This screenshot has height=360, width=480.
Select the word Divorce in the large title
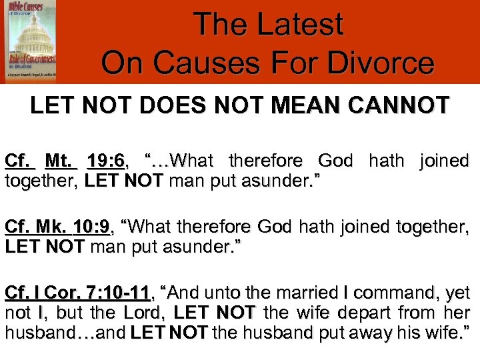tap(377, 64)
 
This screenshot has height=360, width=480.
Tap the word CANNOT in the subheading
tap(407, 106)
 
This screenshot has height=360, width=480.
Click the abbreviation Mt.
tap(61, 161)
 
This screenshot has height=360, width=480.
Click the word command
tap(391, 293)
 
